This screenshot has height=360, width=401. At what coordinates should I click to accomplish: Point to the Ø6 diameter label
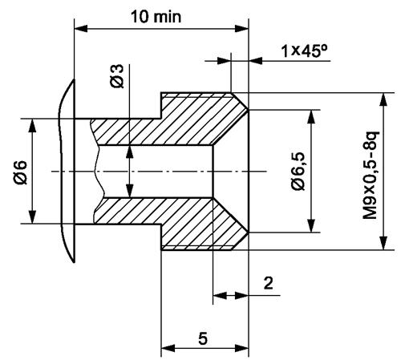pos(20,172)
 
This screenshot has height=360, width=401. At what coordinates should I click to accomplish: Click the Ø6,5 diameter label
pos(298,172)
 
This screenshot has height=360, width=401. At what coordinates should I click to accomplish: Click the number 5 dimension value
pos(204,338)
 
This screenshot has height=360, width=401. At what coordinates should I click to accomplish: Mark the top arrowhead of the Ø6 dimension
pos(32,125)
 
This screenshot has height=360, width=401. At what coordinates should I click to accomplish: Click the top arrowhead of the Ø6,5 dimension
pos(311,115)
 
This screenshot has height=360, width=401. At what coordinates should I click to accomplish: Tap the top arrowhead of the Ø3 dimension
pos(127,150)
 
